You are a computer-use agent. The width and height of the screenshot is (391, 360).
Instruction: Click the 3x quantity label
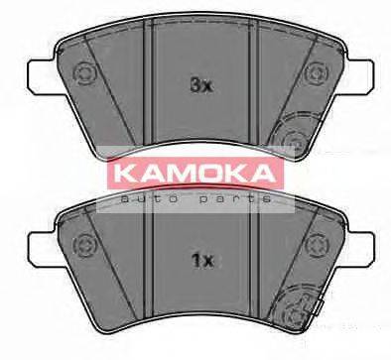(201, 85)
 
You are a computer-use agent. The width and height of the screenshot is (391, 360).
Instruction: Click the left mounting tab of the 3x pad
(37, 73)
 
